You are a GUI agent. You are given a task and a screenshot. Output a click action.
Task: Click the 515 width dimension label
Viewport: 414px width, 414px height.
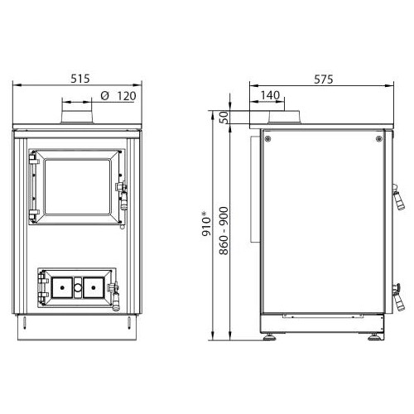80,79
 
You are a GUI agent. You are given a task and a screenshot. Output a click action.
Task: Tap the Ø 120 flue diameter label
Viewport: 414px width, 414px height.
118,96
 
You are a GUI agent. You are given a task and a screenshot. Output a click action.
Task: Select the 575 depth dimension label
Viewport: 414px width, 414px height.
324,79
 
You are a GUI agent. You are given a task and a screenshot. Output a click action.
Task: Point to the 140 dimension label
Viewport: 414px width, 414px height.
270,95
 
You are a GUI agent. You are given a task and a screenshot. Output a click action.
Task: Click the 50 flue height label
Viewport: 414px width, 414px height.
224,118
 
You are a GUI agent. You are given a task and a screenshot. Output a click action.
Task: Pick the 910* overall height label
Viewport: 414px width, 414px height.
207,224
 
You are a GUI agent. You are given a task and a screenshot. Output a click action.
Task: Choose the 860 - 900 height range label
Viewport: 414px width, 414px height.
224,231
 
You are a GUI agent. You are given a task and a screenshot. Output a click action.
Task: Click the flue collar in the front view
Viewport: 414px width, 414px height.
77,117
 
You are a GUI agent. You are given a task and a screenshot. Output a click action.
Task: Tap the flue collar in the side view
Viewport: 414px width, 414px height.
284,118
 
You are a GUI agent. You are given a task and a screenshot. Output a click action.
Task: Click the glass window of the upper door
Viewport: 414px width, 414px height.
78,187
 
